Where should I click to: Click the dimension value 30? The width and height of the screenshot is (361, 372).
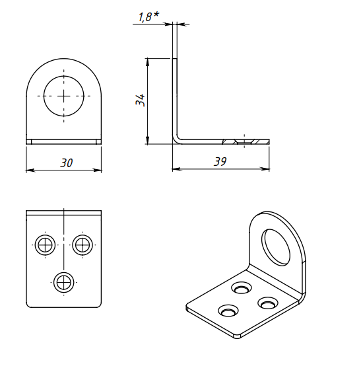point(66,163)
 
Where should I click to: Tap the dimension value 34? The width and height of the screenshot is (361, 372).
point(140,100)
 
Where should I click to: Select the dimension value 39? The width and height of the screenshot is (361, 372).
point(220,162)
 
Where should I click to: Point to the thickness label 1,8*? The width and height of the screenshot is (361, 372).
point(148,17)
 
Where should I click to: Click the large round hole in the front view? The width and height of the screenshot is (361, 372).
point(63,96)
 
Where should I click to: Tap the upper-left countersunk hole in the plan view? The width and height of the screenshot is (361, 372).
point(45,245)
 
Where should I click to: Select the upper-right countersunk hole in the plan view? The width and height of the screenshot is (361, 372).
point(82,245)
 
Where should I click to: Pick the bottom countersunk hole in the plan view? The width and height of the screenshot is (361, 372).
point(63,283)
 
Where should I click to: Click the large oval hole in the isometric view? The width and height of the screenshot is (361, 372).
point(276,247)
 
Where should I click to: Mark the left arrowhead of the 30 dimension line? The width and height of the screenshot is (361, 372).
point(30,170)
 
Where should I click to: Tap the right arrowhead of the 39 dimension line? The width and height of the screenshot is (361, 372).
point(265,168)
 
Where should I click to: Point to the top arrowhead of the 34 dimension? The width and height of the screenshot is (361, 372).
point(147,62)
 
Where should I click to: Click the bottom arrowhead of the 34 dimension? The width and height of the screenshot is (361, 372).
point(147,139)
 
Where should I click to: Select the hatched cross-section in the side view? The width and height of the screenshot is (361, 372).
point(246,141)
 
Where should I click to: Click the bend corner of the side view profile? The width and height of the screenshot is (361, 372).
point(176,140)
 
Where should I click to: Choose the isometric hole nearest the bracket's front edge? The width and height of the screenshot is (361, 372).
point(228,311)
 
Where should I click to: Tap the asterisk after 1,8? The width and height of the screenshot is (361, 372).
point(156,15)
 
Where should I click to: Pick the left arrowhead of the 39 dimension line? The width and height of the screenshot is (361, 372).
point(177,168)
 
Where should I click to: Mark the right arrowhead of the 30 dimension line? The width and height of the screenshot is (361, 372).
point(97,170)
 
